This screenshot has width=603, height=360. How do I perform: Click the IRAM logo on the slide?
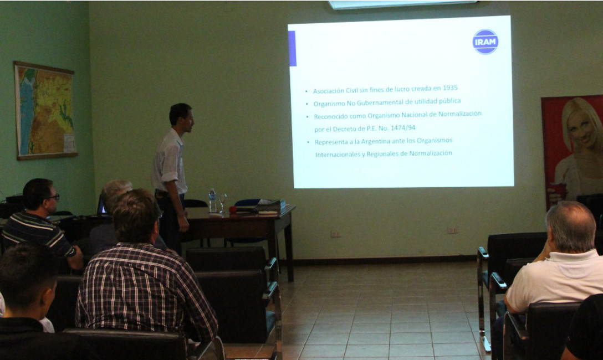pos(486,42)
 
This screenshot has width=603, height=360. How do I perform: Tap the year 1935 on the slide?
pos(450,88)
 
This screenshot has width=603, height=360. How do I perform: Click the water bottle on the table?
pos(212,200)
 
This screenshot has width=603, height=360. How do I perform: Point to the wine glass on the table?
pos(222,203)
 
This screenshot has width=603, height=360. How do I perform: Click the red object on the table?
pos(233,210)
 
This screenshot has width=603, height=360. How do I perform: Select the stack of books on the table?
pos(270,206)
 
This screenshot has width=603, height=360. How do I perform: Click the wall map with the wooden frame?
pos(45,111)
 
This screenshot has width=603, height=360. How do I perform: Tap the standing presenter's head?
pos(181,117)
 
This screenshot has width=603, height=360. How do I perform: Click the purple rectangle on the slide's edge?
pos(292,48)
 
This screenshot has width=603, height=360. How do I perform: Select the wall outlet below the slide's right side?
pos(452,230)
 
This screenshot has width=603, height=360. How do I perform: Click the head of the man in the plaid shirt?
pos(135,215)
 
